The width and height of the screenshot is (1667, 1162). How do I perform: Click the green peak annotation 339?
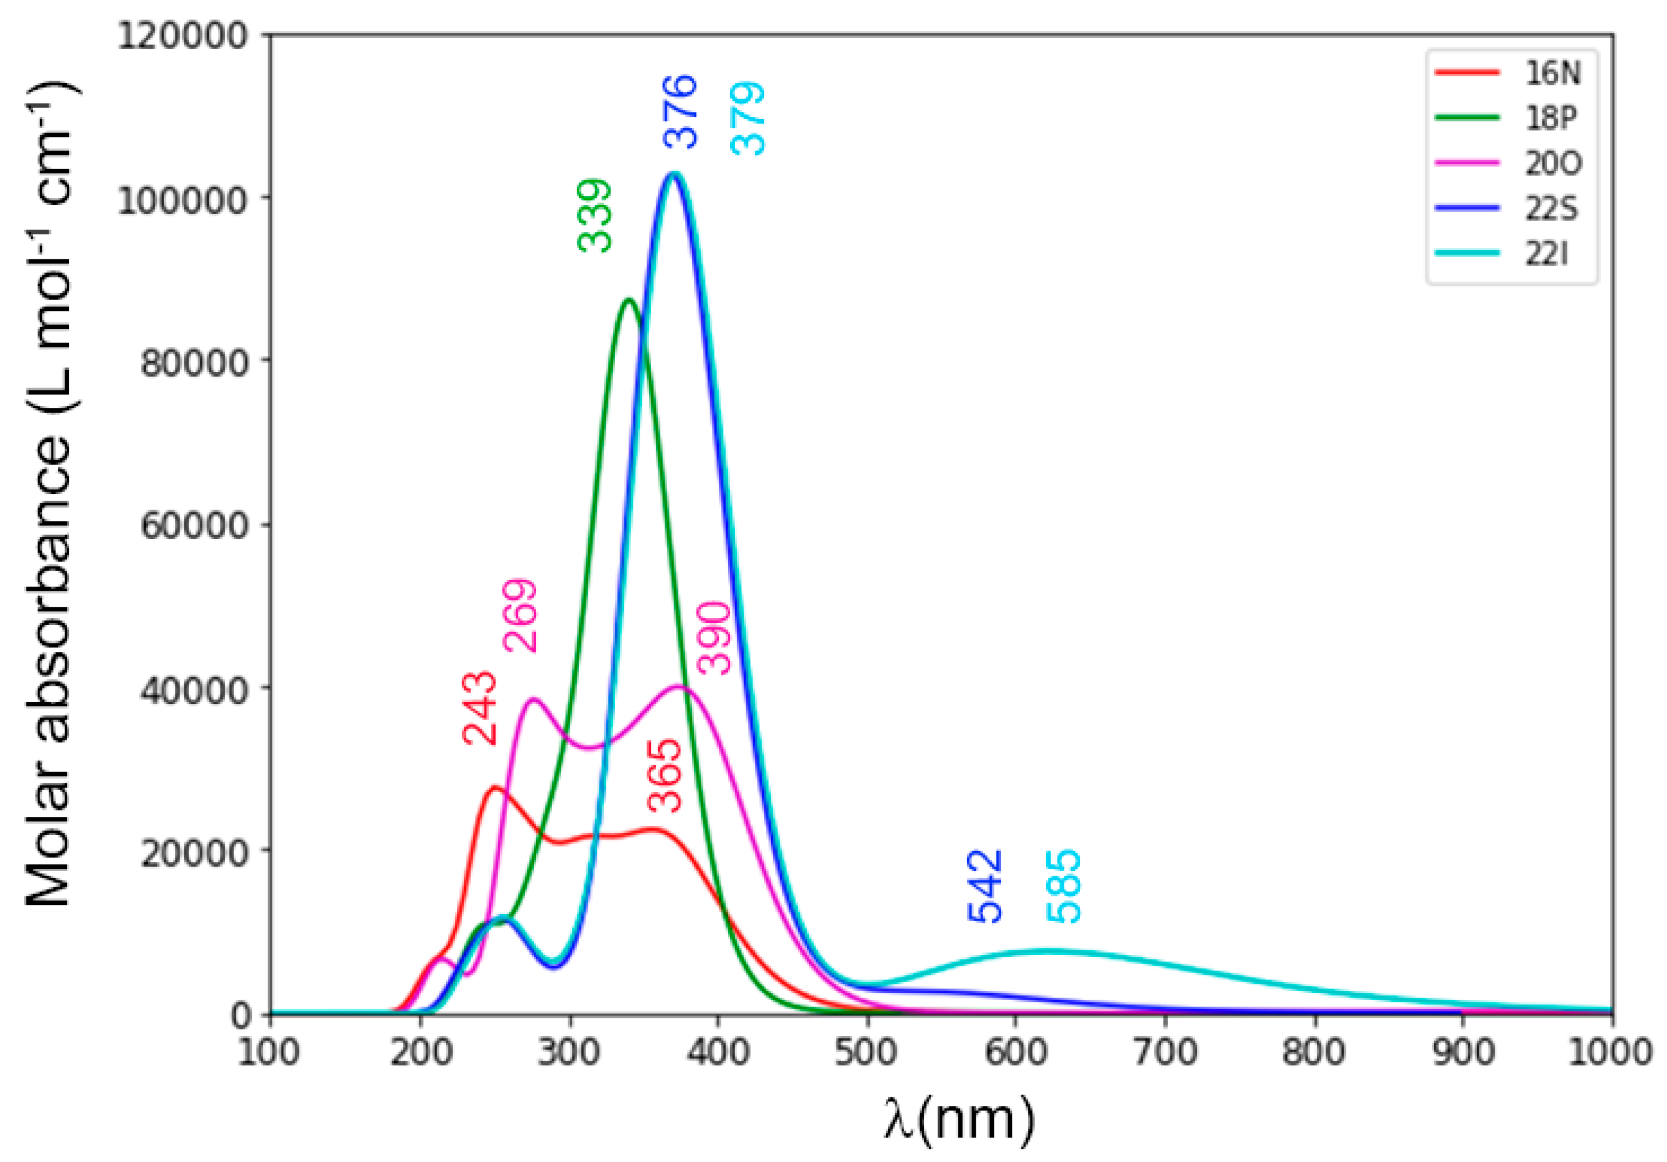[595, 216]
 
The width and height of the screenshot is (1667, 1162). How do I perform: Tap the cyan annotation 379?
[748, 118]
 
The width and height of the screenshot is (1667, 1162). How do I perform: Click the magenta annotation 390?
[714, 637]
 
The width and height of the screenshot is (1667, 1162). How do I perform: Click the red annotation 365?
[665, 776]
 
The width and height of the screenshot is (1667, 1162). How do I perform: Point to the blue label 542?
[985, 886]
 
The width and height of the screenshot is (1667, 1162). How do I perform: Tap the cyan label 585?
[1064, 886]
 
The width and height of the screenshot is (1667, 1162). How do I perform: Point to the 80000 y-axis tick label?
[195, 362]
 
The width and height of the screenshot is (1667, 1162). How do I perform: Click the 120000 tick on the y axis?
[183, 35]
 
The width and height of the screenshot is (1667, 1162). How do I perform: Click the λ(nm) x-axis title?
[959, 1119]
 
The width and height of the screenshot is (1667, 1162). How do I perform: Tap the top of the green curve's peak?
[629, 299]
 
